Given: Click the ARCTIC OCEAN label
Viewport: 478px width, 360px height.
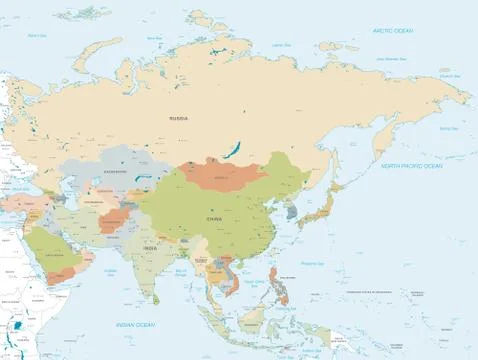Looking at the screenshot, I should click(391, 31).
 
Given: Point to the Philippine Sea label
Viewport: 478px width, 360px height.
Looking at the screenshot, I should click(316, 263).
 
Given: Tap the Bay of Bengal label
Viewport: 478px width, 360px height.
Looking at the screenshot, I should click(180, 272).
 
